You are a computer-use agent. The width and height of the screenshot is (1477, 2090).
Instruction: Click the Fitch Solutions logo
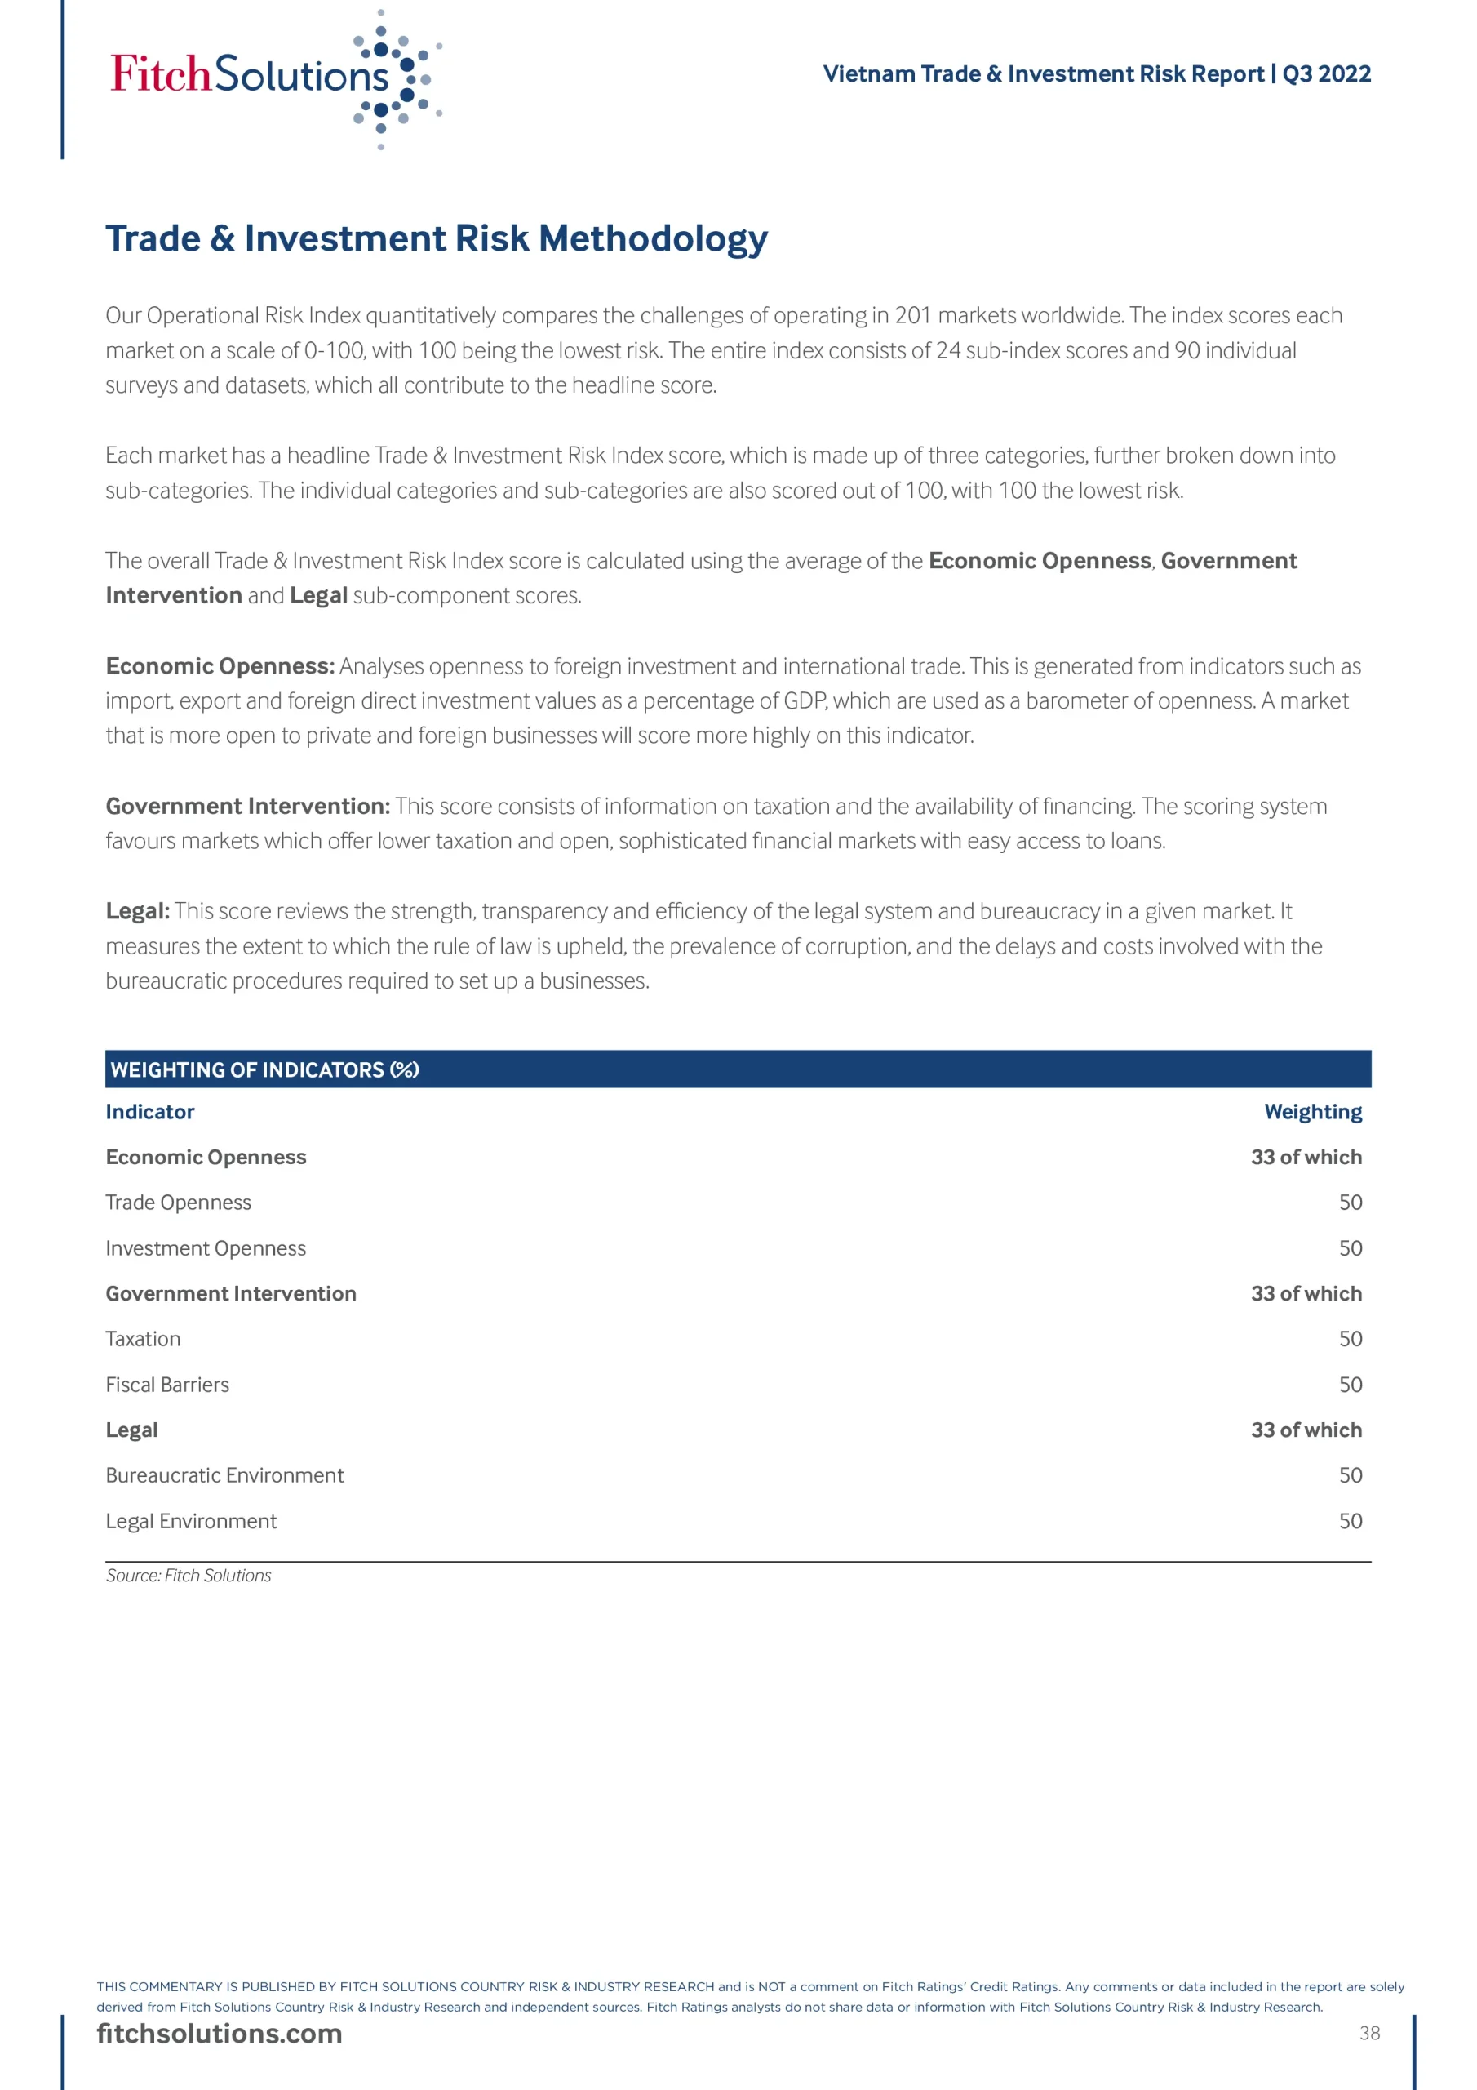pyautogui.click(x=273, y=77)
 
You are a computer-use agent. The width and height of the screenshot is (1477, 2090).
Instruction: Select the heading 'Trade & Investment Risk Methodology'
pyautogui.click(x=436, y=238)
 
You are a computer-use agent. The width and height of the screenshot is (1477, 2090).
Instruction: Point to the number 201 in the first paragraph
pyautogui.click(x=913, y=316)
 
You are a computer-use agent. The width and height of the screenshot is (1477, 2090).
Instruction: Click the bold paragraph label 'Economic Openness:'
pyautogui.click(x=220, y=666)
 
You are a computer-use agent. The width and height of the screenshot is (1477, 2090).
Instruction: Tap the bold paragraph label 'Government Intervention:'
pyautogui.click(x=247, y=807)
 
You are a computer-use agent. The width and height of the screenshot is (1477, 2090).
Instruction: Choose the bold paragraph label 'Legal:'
pyautogui.click(x=137, y=911)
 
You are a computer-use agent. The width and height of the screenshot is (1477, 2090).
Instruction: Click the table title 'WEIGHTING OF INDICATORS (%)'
pyautogui.click(x=264, y=1069)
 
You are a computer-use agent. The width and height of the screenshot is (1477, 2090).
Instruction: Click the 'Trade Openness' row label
pyautogui.click(x=179, y=1203)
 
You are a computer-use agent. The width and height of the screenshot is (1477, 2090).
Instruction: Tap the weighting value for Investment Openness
pyautogui.click(x=1350, y=1248)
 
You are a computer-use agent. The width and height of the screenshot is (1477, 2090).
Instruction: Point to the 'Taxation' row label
pyautogui.click(x=143, y=1339)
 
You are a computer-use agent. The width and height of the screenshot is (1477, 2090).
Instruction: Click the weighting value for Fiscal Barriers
pyautogui.click(x=1350, y=1385)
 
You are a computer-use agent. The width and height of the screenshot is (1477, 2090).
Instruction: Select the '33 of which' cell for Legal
pyautogui.click(x=1306, y=1430)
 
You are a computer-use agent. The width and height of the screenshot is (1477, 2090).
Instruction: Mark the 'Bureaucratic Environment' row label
pyautogui.click(x=224, y=1475)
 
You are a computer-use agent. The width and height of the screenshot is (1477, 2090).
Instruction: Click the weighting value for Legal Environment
pyautogui.click(x=1350, y=1521)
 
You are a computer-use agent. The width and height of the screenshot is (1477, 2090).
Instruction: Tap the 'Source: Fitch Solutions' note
pyautogui.click(x=189, y=1576)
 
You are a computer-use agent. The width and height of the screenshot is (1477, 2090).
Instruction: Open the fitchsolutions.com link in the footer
pyautogui.click(x=220, y=2034)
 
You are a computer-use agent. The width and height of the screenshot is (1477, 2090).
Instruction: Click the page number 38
pyautogui.click(x=1368, y=2034)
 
